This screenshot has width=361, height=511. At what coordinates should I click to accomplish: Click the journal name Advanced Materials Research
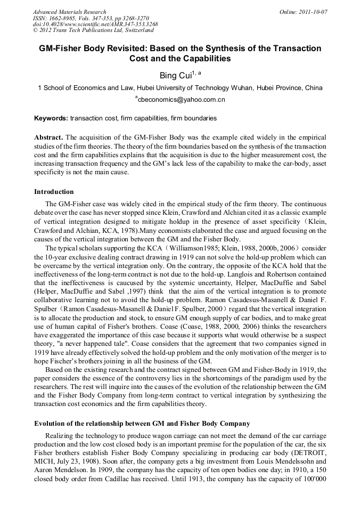click(x=69, y=12)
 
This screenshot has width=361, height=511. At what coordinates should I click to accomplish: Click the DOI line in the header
click(x=95, y=25)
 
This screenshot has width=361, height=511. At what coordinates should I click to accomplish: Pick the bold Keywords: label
click(x=51, y=118)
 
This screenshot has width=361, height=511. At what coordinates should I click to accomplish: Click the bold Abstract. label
click(x=49, y=136)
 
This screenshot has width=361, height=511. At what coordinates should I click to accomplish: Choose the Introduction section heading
click(x=54, y=192)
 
